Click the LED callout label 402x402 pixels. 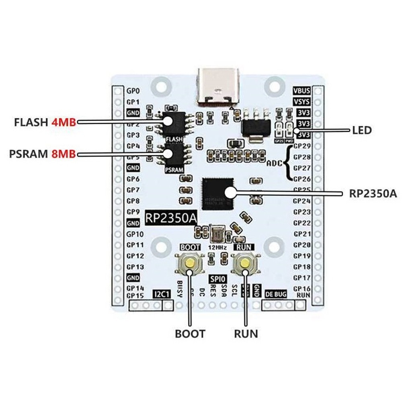click(361, 130)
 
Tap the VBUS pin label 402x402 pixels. click(302, 91)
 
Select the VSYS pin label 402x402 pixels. click(302, 102)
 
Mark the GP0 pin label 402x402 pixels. click(133, 91)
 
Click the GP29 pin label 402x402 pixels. click(302, 146)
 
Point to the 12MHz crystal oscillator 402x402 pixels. click(217, 234)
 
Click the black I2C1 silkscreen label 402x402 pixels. click(163, 295)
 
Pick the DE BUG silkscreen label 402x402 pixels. click(276, 295)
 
